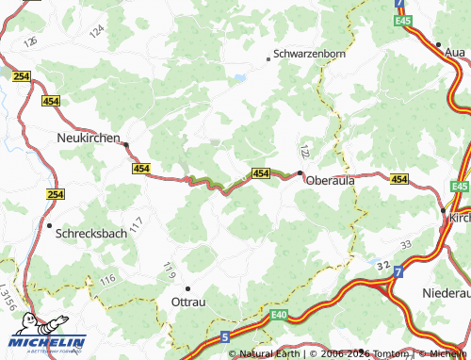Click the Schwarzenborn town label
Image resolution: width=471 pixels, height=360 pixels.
coord(309,54)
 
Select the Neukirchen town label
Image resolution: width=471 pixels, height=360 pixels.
coord(83,138)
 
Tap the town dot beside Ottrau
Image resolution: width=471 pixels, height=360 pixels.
coord(187,288)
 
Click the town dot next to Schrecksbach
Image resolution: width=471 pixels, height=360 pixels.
coord(49,225)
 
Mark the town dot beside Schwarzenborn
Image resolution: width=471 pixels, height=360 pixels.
coord(268,58)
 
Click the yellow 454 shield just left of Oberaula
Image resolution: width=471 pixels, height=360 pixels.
coord(262,173)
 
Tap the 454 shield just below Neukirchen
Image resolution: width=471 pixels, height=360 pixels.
coord(141,168)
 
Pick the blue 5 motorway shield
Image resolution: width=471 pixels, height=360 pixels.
coord(224,335)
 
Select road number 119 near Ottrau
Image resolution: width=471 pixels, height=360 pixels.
coord(170,270)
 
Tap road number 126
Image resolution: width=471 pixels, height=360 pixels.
coord(31,43)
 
